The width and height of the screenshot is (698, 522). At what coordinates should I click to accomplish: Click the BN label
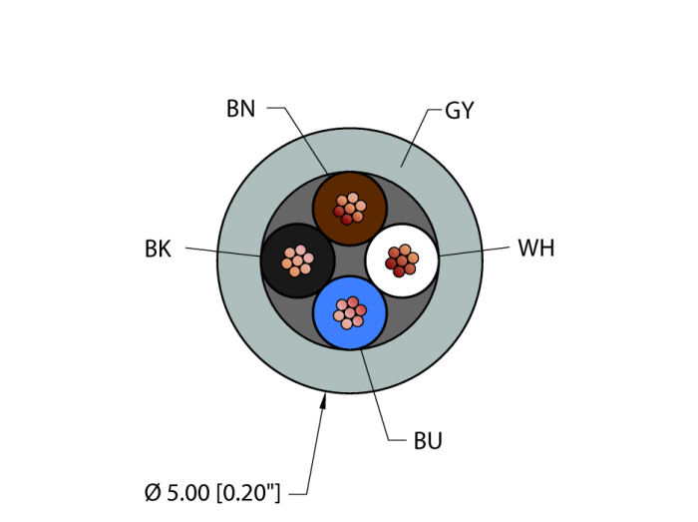(x=240, y=109)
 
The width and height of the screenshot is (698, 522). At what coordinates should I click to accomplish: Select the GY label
(x=459, y=111)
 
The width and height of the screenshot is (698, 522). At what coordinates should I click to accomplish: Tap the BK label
(x=158, y=249)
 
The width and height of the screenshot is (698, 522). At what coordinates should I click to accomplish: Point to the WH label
(x=535, y=248)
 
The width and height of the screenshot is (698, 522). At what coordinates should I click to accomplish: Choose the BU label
(x=428, y=440)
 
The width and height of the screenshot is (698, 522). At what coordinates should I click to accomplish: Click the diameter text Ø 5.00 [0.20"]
(x=212, y=492)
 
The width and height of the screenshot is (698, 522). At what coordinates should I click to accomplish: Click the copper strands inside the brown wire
(x=350, y=208)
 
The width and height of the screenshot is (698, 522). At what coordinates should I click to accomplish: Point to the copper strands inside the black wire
(x=297, y=261)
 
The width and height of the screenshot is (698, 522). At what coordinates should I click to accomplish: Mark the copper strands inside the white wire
(x=402, y=260)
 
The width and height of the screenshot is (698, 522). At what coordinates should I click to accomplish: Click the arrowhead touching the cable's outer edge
(x=323, y=401)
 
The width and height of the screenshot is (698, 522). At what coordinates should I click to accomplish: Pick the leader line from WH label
(x=474, y=251)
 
